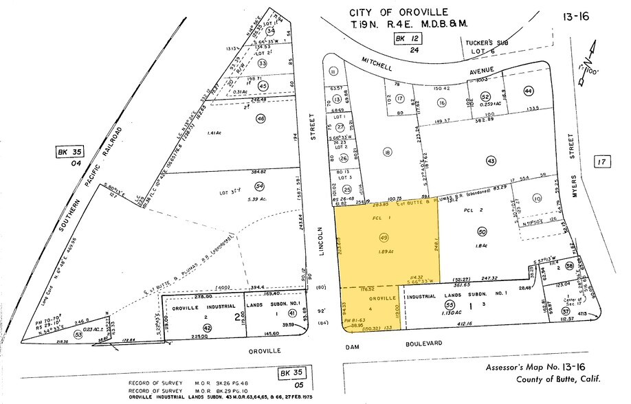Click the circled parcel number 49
click(383, 237)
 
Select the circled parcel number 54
click(259, 186)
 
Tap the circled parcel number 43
click(490, 160)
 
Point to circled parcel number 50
click(482, 232)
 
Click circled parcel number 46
click(261, 119)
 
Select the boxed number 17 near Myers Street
click(603, 162)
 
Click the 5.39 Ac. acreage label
click(259, 198)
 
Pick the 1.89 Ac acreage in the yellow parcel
click(382, 250)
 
